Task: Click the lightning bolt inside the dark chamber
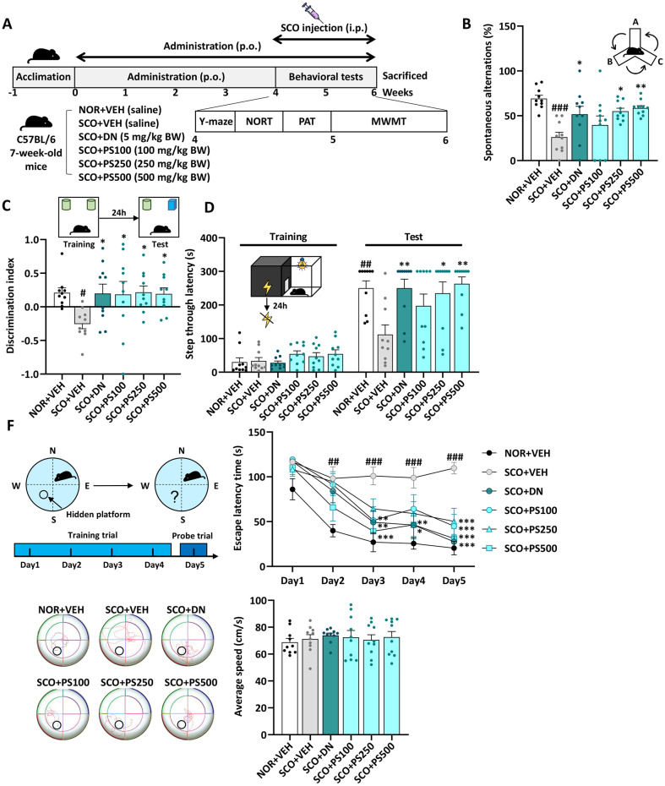coord(264,286)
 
